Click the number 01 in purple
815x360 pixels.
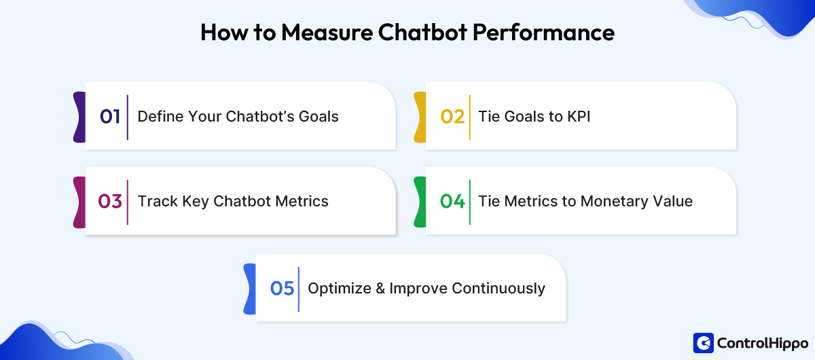[x=110, y=116]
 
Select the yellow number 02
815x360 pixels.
[x=452, y=116]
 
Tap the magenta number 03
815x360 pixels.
[x=110, y=201]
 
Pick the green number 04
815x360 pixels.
[x=452, y=201]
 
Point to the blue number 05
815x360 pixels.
[x=282, y=288]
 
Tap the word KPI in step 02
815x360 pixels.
[x=579, y=116]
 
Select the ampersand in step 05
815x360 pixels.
[x=379, y=288]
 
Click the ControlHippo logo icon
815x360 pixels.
[x=703, y=343]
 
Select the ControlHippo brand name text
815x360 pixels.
[x=763, y=344]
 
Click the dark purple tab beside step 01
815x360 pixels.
[x=79, y=116]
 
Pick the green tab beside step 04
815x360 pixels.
[x=420, y=201]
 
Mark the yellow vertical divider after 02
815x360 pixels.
[x=469, y=116]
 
